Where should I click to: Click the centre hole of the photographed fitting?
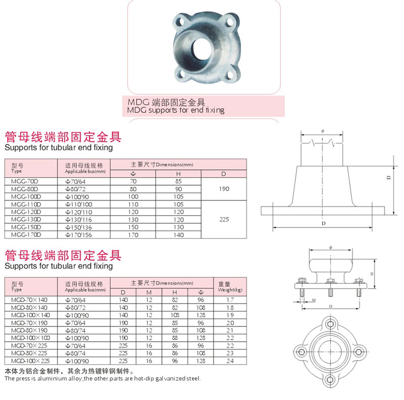tap(201, 49)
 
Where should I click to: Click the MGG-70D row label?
tap(24, 181)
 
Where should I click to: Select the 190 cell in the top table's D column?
tap(224, 189)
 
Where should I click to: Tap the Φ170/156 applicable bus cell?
tap(78, 235)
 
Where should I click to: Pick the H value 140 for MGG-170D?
tap(179, 235)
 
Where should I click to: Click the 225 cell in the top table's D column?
tap(224, 219)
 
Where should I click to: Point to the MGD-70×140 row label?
tap(29, 299)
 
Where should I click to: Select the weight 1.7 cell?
tap(230, 299)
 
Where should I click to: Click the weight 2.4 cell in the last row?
tap(230, 361)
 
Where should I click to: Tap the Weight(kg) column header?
tap(230, 290)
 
